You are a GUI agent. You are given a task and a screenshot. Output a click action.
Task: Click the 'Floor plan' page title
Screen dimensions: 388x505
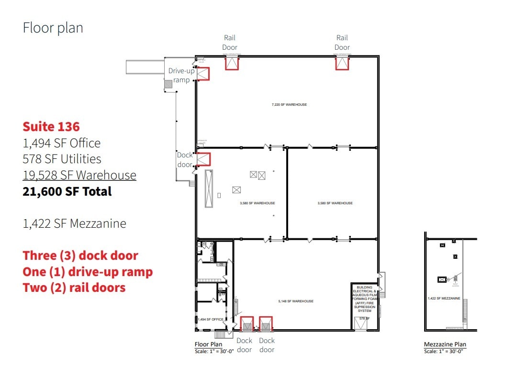(53, 28)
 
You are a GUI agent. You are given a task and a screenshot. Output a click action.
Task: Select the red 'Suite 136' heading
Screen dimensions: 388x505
(51, 127)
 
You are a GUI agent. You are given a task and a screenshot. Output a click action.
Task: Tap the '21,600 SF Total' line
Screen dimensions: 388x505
(67, 191)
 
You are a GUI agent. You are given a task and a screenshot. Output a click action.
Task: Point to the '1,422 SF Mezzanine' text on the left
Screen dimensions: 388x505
(74, 223)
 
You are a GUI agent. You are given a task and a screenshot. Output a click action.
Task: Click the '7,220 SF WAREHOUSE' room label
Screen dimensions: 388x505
(289, 104)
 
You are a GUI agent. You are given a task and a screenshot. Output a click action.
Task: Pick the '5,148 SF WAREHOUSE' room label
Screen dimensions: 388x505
(296, 301)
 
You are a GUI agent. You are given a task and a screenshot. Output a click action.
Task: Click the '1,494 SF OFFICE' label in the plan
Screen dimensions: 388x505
(211, 319)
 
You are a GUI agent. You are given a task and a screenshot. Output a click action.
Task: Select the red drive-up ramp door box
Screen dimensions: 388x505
(203, 74)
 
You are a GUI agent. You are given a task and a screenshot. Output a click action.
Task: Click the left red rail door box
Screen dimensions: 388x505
(232, 63)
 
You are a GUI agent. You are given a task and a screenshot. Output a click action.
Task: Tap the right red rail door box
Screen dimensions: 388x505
(342, 63)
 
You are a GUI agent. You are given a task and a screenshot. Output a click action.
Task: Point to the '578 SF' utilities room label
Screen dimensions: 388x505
(365, 318)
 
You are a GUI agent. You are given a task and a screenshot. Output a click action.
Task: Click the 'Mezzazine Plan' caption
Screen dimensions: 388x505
(445, 344)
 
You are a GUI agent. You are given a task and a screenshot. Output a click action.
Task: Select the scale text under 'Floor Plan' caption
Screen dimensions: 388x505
(214, 352)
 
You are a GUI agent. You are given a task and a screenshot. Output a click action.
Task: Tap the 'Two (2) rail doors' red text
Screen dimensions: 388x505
(74, 288)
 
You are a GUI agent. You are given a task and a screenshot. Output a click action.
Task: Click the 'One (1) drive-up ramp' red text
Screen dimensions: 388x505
(88, 272)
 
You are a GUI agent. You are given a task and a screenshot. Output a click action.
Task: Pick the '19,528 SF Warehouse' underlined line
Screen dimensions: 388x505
(79, 176)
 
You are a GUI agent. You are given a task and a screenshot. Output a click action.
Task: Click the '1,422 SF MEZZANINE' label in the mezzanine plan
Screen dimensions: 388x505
(444, 299)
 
